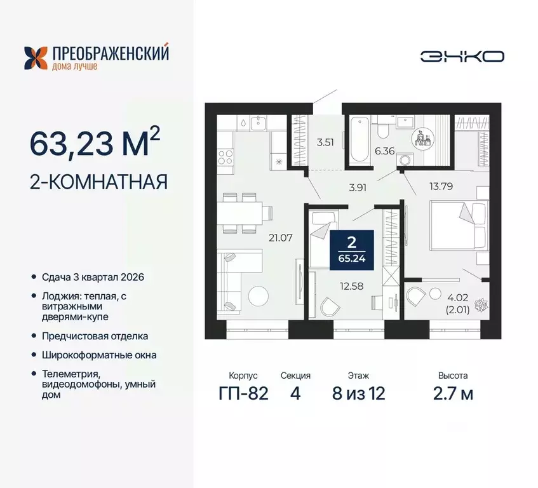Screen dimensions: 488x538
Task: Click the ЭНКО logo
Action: [462, 56]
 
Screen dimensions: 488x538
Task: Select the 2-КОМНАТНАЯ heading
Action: [98, 182]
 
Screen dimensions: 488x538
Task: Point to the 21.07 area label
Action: [280, 239]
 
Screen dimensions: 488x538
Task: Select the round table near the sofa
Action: [259, 297]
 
